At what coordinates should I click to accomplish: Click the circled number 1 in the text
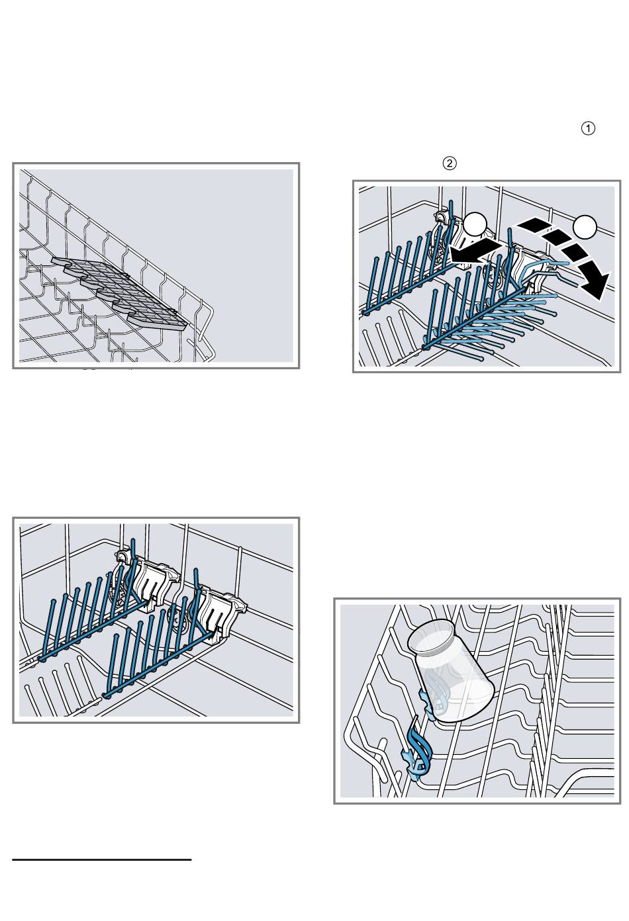588,128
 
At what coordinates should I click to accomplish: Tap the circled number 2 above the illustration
449,163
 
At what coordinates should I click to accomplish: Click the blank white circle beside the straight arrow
476,224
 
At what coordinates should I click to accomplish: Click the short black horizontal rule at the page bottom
102,859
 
